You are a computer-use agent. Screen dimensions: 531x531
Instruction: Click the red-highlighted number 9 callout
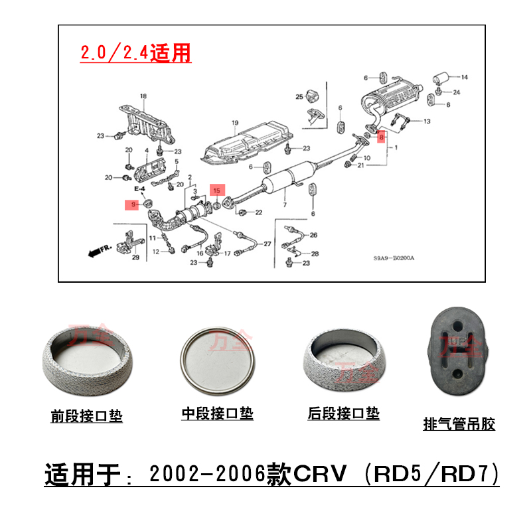[133, 204]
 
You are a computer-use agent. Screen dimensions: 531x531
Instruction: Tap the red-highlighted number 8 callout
[381, 137]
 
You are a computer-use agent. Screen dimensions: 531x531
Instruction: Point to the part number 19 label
[234, 123]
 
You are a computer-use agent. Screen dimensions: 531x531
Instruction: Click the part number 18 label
[143, 97]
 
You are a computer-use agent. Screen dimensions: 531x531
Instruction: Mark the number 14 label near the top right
[465, 78]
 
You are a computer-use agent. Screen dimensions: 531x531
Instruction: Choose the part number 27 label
[267, 244]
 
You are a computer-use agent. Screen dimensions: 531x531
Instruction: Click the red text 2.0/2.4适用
[136, 52]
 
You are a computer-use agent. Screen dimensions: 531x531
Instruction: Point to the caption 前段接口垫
[87, 416]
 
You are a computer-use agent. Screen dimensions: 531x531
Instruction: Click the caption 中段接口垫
[218, 414]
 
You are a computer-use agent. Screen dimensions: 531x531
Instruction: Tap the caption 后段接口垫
[344, 414]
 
